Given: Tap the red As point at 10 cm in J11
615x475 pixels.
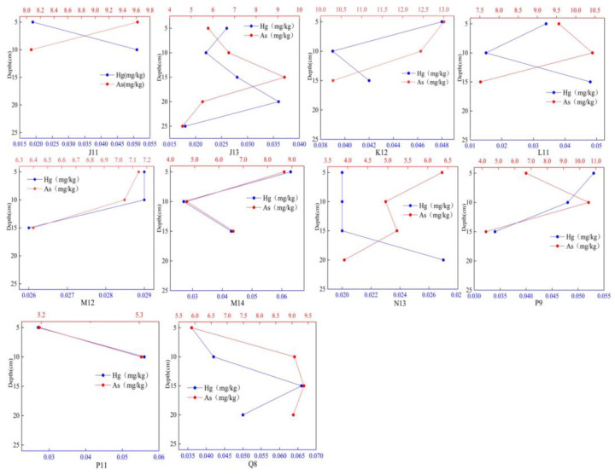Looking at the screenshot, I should point(31,49).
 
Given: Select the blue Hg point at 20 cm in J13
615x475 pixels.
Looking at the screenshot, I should point(278,101).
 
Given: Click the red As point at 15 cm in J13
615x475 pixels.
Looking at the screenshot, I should point(284,78).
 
